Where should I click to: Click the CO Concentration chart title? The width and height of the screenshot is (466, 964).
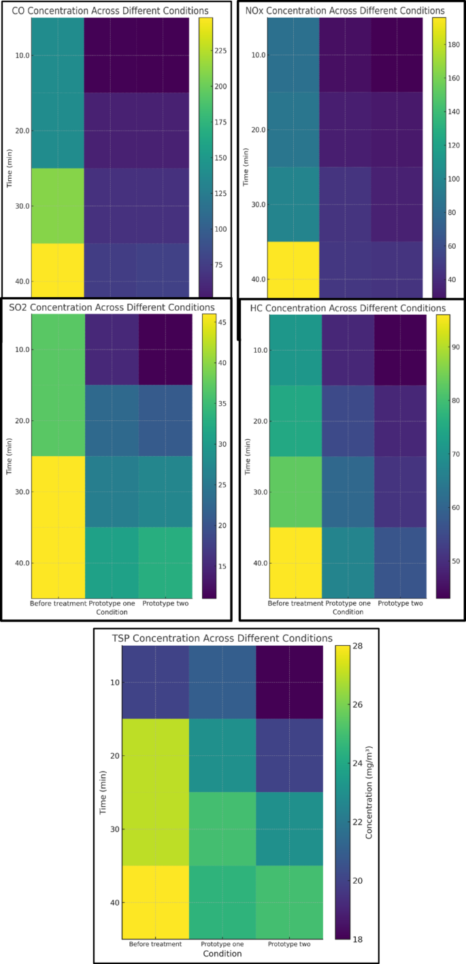pyautogui.click(x=111, y=11)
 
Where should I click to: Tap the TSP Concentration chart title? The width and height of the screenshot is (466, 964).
pyautogui.click(x=222, y=638)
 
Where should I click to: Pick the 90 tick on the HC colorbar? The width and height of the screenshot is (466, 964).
pyautogui.click(x=456, y=347)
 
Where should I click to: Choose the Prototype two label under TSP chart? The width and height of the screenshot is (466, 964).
pyautogui.click(x=289, y=944)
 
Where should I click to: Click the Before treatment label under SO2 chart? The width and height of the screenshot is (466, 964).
pyautogui.click(x=58, y=603)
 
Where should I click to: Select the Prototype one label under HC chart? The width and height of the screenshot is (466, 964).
pyautogui.click(x=348, y=603)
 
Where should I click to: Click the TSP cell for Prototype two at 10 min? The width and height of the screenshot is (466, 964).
pyautogui.click(x=289, y=682)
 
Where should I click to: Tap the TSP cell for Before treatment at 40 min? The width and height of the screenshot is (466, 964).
pyautogui.click(x=155, y=902)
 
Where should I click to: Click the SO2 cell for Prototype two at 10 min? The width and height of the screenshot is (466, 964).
pyautogui.click(x=165, y=349)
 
